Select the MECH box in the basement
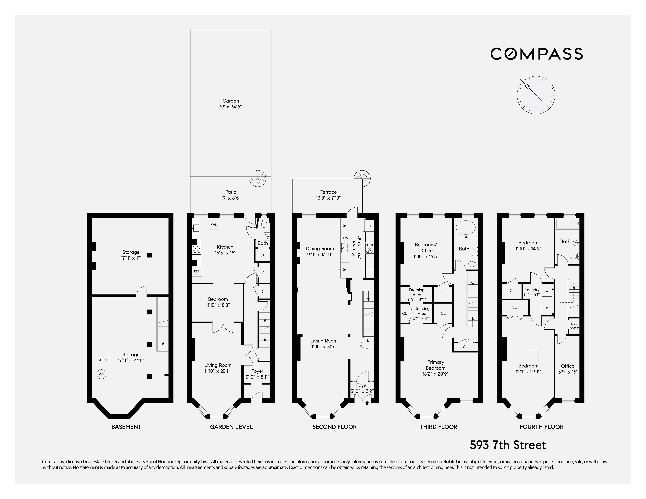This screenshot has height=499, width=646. pyautogui.click(x=102, y=360)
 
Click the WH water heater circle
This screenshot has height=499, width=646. pyautogui.click(x=101, y=374)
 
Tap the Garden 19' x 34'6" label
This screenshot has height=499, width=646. pyautogui.click(x=231, y=104)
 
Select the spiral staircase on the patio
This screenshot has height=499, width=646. pyautogui.click(x=258, y=178)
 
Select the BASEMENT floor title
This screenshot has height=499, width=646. pyautogui.click(x=126, y=427)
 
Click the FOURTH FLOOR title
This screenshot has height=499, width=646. pyautogui.click(x=541, y=427)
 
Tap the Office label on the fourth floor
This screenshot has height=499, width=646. pyautogui.click(x=567, y=366)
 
